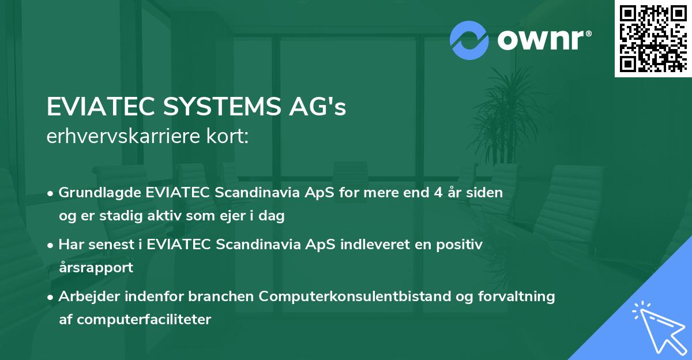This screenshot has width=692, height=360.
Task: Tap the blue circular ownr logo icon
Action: (469, 40)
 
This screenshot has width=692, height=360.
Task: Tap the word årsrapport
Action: (96, 268)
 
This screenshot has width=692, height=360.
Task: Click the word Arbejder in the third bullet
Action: (84, 297)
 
